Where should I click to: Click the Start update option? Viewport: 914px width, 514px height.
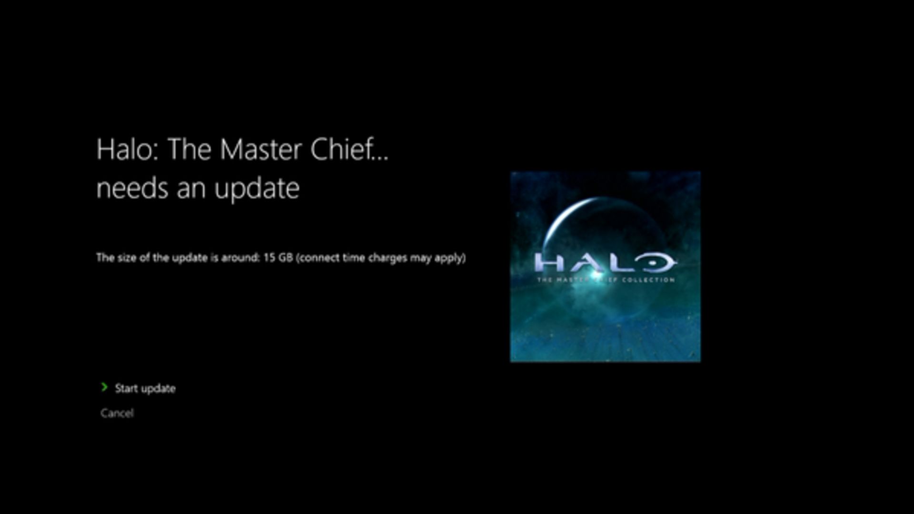click(145, 388)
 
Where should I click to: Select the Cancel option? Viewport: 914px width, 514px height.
click(117, 413)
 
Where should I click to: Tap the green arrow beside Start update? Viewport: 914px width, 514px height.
click(104, 387)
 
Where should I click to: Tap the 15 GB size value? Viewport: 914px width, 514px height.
click(278, 257)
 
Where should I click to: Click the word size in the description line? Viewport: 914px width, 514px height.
click(127, 257)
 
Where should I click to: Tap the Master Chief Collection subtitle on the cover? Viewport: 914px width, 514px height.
click(606, 280)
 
